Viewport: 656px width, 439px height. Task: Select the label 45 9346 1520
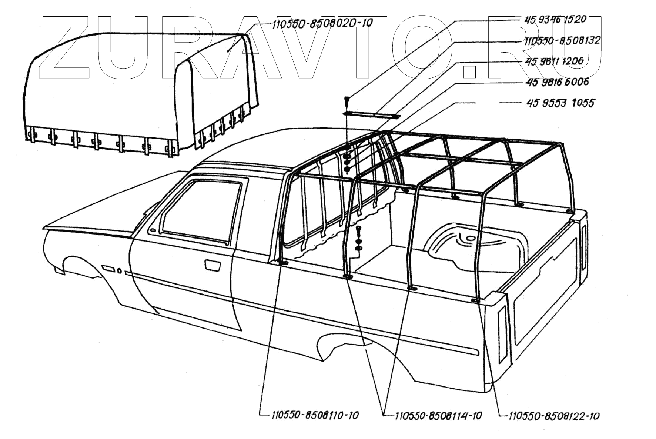pyautogui.click(x=555, y=19)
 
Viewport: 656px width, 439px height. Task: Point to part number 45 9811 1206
pyautogui.click(x=554, y=61)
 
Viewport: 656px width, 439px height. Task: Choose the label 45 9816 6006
pyautogui.click(x=557, y=82)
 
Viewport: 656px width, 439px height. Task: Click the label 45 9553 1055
pyautogui.click(x=560, y=103)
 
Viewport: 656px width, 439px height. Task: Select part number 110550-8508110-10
pyautogui.click(x=315, y=415)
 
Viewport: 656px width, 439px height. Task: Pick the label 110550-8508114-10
pyautogui.click(x=438, y=416)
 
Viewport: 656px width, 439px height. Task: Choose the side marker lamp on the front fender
pyautogui.click(x=108, y=267)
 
